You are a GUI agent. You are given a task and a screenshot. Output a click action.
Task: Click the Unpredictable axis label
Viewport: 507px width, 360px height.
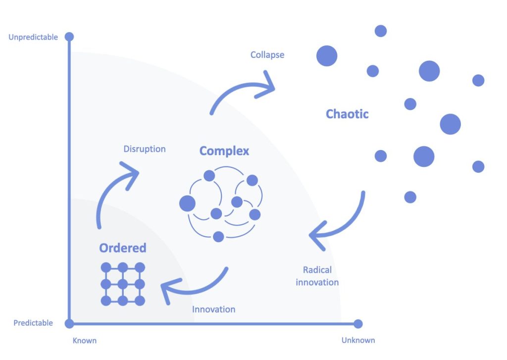pyautogui.click(x=33, y=37)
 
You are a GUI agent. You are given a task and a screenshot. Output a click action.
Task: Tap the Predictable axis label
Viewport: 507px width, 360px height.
pyautogui.click(x=33, y=323)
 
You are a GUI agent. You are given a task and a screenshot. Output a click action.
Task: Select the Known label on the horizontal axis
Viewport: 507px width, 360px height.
pyautogui.click(x=85, y=341)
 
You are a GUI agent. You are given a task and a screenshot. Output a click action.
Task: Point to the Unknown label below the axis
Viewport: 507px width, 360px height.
pyautogui.click(x=358, y=340)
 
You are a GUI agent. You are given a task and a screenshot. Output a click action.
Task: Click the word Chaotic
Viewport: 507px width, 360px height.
pyautogui.click(x=347, y=114)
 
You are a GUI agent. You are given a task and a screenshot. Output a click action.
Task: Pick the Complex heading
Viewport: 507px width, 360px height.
pyautogui.click(x=224, y=151)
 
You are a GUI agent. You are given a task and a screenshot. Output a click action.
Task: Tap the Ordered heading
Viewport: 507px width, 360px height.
pyautogui.click(x=123, y=248)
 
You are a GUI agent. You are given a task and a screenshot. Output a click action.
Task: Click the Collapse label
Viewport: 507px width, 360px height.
pyautogui.click(x=267, y=54)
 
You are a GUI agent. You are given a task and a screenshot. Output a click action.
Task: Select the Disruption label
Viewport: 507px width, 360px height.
pyautogui.click(x=145, y=149)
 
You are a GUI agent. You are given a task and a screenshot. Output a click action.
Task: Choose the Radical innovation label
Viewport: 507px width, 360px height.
pyautogui.click(x=317, y=276)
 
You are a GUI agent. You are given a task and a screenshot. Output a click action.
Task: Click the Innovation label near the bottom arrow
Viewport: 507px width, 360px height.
pyautogui.click(x=213, y=309)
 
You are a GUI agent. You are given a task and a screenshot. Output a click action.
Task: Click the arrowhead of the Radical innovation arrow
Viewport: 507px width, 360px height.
pyautogui.click(x=315, y=235)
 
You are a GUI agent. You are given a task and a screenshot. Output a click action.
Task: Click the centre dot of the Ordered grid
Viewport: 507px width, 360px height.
pyautogui.click(x=123, y=284)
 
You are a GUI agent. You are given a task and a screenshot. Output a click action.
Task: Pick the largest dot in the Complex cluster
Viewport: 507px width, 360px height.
pyautogui.click(x=187, y=203)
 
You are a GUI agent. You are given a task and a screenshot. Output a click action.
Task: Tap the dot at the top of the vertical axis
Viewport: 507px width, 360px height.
pyautogui.click(x=69, y=37)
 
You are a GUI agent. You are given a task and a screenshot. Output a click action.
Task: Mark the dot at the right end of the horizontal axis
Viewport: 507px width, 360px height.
pyautogui.click(x=358, y=324)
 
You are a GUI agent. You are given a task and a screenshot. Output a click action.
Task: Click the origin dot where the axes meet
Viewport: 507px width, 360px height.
pyautogui.click(x=69, y=324)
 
